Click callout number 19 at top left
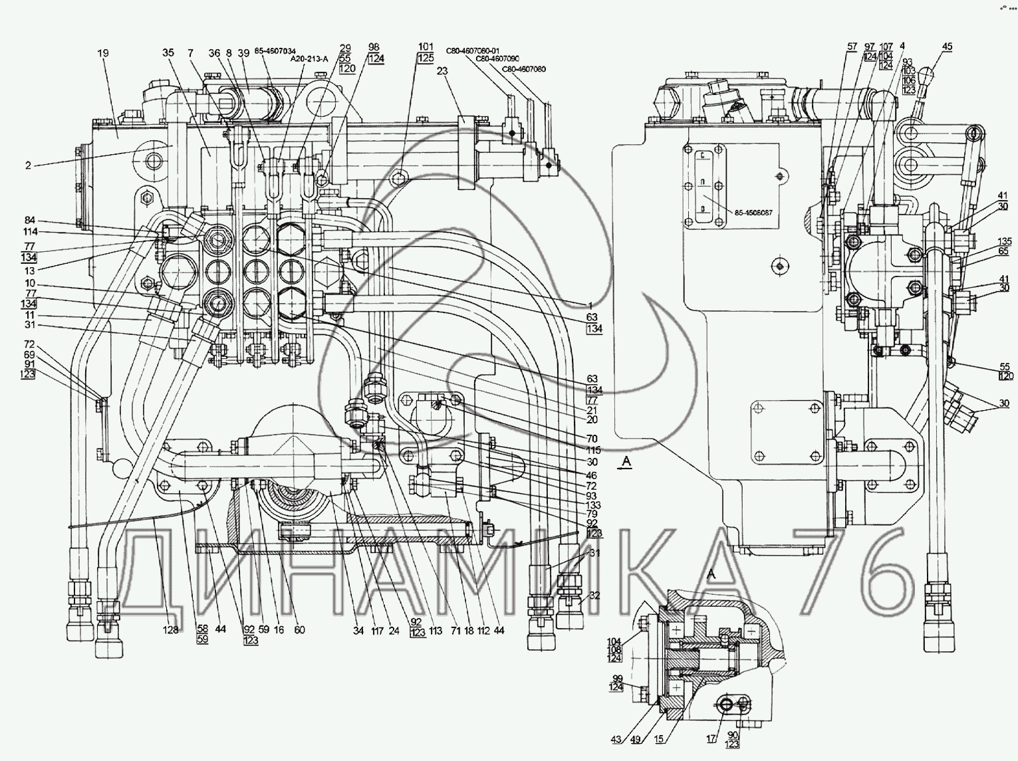[x=102, y=53]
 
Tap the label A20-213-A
[x=310, y=58]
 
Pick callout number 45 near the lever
[x=947, y=47]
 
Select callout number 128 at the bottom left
[x=172, y=630]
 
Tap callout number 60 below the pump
[x=299, y=630]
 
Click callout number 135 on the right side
[x=1004, y=241]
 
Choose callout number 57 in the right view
[x=852, y=47]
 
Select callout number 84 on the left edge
[x=31, y=221]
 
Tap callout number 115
[x=590, y=450]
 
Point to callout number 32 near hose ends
[x=594, y=596]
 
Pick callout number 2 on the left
[x=28, y=165]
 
